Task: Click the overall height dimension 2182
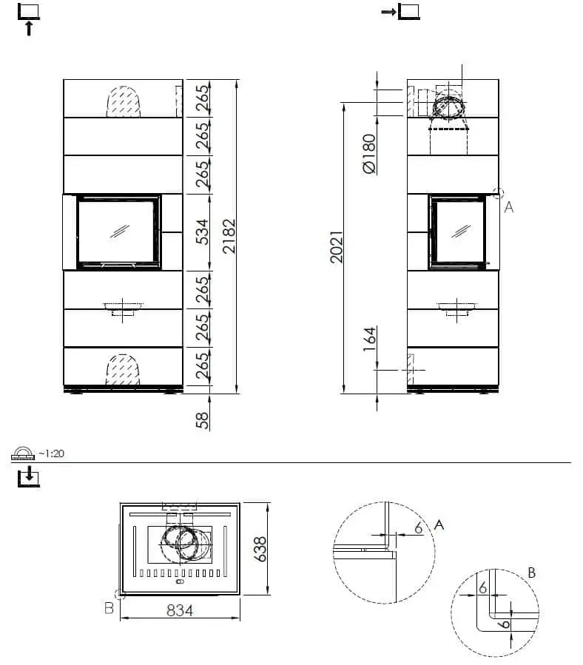pos(229,236)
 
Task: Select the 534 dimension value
pos(201,232)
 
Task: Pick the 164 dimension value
pos(369,340)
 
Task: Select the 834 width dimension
pos(179,610)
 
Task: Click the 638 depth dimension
pos(260,548)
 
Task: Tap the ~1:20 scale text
pos(52,453)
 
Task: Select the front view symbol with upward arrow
pos(28,18)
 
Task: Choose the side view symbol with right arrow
pos(400,12)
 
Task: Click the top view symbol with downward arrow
pos(28,476)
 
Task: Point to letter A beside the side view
pos(508,207)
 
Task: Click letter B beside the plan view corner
pos(109,607)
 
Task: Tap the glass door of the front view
pos(118,231)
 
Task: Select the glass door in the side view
pos(459,231)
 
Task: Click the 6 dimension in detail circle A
pos(419,527)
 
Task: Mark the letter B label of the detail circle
pos(531,573)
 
